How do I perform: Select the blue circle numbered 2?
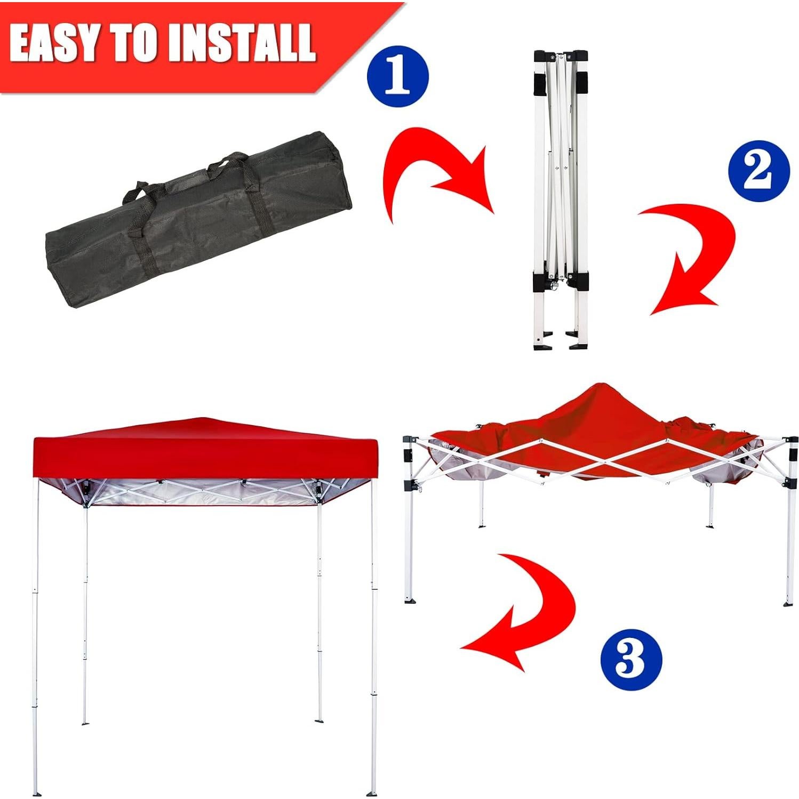pos(758,171)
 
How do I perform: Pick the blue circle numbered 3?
pos(631,659)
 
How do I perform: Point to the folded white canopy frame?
pos(560,197)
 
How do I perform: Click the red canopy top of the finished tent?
pos(205,451)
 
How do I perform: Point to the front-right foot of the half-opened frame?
pos(788,603)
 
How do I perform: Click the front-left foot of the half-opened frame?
pos(410,600)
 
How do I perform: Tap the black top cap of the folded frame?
pos(560,57)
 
